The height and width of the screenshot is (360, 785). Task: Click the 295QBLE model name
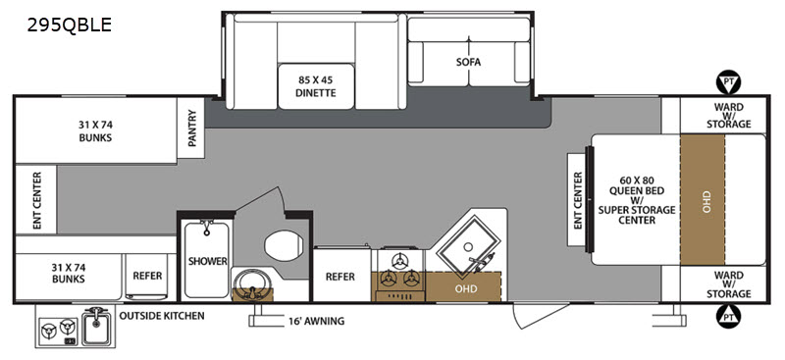69,26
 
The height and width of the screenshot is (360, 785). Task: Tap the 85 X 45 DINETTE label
316,86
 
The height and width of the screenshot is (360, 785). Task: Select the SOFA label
468,62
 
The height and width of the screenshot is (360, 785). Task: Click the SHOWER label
208,261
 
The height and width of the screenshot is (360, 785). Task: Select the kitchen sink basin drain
468,247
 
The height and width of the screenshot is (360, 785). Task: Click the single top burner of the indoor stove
399,260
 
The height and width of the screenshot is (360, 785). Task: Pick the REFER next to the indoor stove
340,277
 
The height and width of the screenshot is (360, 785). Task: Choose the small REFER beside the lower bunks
148,276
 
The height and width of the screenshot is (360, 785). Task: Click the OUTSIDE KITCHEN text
162,316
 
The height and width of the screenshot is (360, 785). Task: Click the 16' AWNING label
315,321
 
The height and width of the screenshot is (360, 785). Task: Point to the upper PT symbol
728,82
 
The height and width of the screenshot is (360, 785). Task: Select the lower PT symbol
728,316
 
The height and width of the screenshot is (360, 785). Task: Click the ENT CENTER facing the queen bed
578,200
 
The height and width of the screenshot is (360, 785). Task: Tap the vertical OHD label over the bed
706,201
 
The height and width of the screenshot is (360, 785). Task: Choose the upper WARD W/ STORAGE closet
723,115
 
